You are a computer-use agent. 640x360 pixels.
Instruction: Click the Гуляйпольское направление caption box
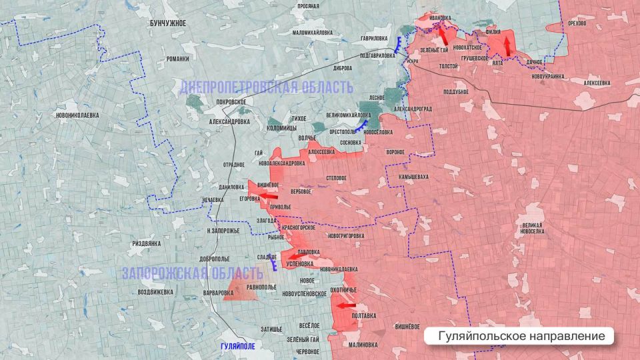pyautogui.click(x=518, y=336)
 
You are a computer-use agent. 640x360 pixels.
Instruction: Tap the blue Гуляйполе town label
pyautogui.click(x=237, y=346)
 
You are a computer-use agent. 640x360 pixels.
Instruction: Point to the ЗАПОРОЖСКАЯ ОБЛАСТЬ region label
pyautogui.click(x=193, y=273)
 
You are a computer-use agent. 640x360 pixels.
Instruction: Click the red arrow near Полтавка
pyautogui.click(x=346, y=306)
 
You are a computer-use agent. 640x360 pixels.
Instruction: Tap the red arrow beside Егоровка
pyautogui.click(x=267, y=196)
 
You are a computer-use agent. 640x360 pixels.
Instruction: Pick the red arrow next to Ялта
pyautogui.click(x=507, y=45)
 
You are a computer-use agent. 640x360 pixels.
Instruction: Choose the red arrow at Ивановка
pyautogui.click(x=443, y=33)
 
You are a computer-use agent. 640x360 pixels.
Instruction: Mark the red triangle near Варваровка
pyautogui.click(x=237, y=291)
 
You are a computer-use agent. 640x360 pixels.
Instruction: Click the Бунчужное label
pyautogui.click(x=167, y=23)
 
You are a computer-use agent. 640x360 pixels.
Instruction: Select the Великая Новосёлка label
pyautogui.click(x=533, y=228)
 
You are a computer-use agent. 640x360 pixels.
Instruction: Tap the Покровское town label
pyautogui.click(x=231, y=101)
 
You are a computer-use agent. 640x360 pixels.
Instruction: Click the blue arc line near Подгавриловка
pyautogui.click(x=398, y=45)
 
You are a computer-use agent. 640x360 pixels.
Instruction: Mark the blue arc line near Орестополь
pyautogui.click(x=362, y=126)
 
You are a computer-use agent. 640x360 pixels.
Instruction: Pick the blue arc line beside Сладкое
pyautogui.click(x=275, y=265)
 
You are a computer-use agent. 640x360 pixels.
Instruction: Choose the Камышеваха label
pyautogui.click(x=413, y=177)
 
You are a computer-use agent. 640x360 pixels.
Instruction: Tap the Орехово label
pyautogui.click(x=577, y=23)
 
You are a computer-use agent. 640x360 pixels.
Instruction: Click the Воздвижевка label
pyautogui.click(x=155, y=292)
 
